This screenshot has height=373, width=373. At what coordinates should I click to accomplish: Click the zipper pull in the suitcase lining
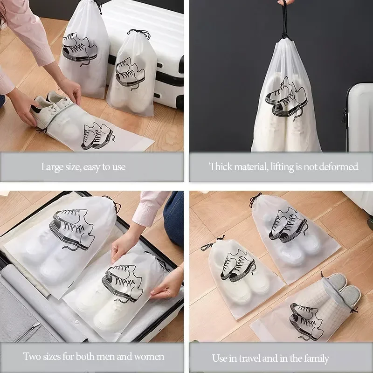tap(36, 326)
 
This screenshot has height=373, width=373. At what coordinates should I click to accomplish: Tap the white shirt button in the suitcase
tap(77, 322)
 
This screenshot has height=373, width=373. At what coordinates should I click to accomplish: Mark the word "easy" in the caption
tap(91, 167)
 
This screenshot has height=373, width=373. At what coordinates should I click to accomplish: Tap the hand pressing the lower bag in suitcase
tap(166, 285)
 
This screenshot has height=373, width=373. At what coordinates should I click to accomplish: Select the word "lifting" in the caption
tap(282, 167)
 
